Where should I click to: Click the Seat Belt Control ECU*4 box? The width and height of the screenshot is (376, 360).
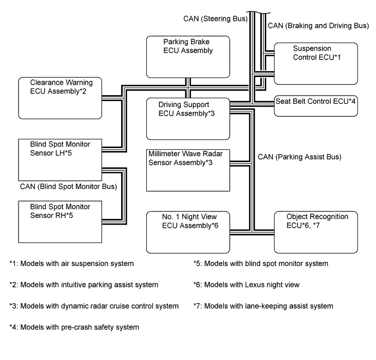pos(315,107)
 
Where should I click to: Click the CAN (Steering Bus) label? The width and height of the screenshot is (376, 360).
pos(216,19)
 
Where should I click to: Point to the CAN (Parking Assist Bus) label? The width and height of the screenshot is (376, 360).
pos(299,157)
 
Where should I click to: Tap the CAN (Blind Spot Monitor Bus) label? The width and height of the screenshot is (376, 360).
pos(68,187)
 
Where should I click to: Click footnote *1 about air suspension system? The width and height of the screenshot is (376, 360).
pos(71,263)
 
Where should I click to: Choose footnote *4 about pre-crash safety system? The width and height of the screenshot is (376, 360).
pos(74,327)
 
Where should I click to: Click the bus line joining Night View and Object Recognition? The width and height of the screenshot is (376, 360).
pos(251,233)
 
